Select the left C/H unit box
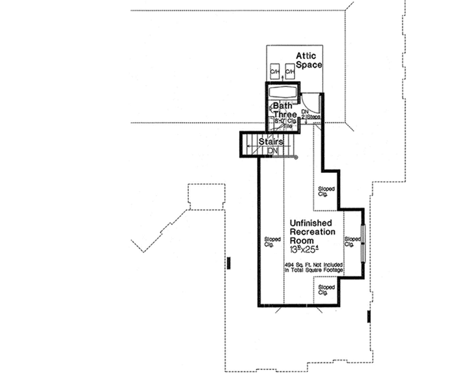[x=275, y=72]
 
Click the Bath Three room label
[x=285, y=110]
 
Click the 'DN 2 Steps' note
[x=310, y=114]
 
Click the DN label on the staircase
[x=273, y=152]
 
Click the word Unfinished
[x=311, y=223]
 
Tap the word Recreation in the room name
[x=311, y=231]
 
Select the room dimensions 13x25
[x=305, y=249]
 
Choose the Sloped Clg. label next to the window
[x=351, y=241]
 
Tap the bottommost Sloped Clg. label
[x=326, y=290]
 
